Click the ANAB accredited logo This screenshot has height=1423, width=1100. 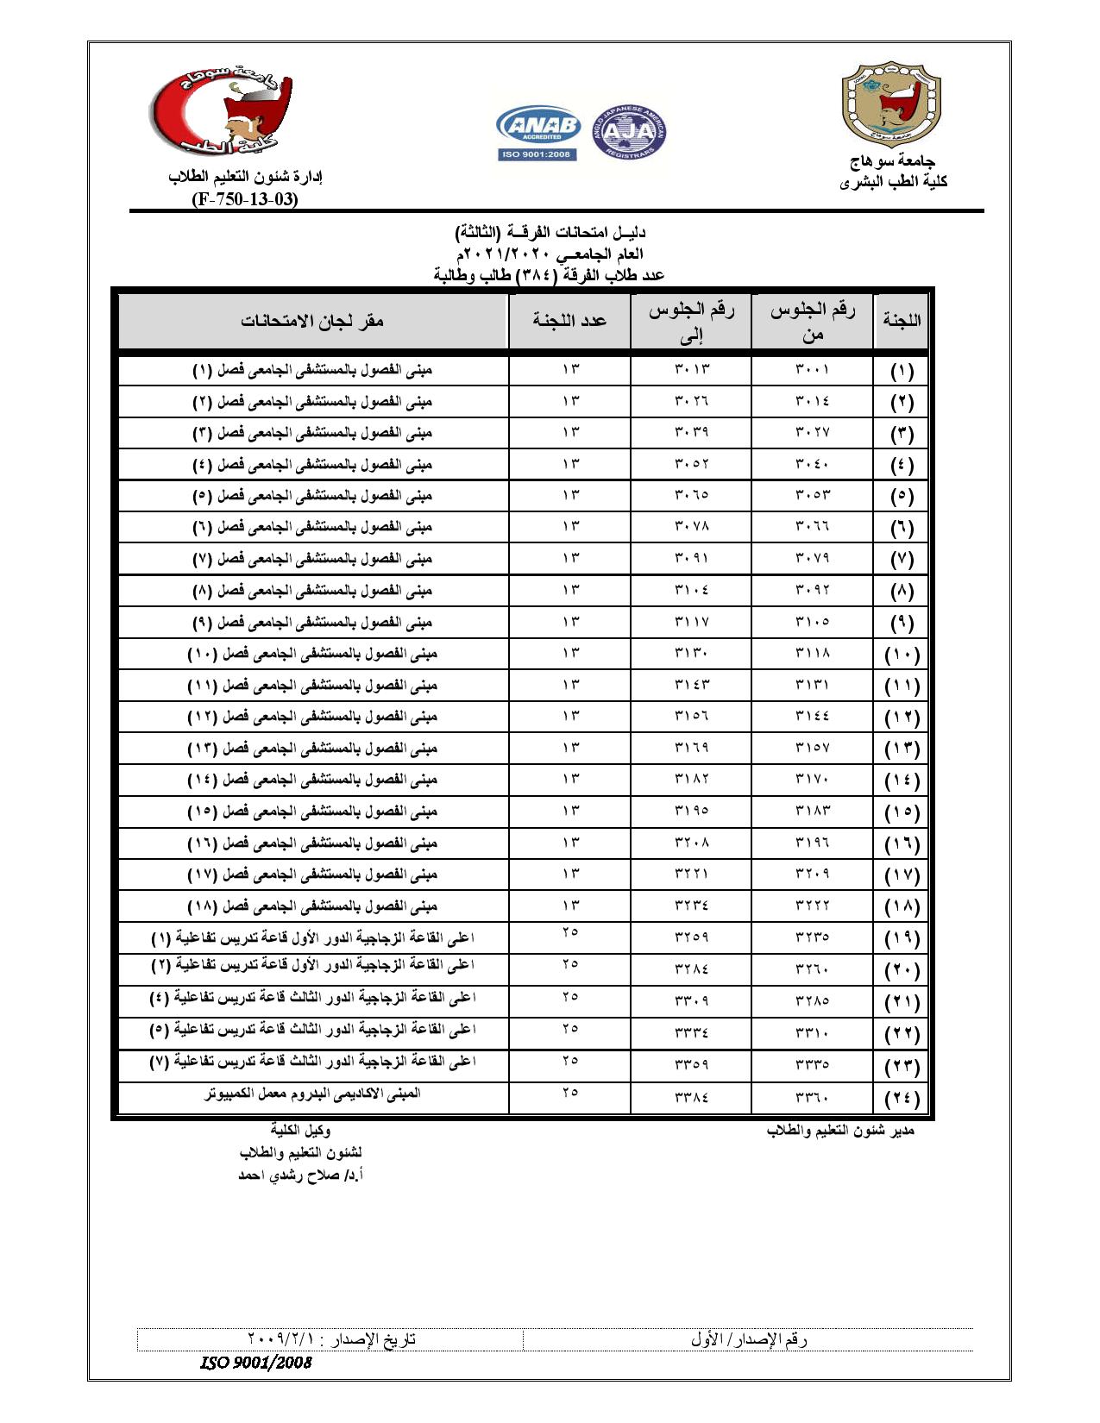[537, 135]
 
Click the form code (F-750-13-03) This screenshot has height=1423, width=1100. [245, 199]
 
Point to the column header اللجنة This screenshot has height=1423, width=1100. [902, 321]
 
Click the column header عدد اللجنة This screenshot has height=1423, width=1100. [569, 321]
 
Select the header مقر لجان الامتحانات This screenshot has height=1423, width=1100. [312, 321]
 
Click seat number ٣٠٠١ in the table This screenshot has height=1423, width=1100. [812, 370]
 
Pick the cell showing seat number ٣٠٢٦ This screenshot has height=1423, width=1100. [691, 401]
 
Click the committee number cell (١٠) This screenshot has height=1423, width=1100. [902, 655]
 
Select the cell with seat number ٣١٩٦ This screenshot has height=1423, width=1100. [812, 843]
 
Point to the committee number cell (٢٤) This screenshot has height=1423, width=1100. [902, 1099]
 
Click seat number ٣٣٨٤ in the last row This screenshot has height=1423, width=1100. [691, 1098]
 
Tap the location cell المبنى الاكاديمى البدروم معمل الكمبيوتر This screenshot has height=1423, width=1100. [312, 1094]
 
